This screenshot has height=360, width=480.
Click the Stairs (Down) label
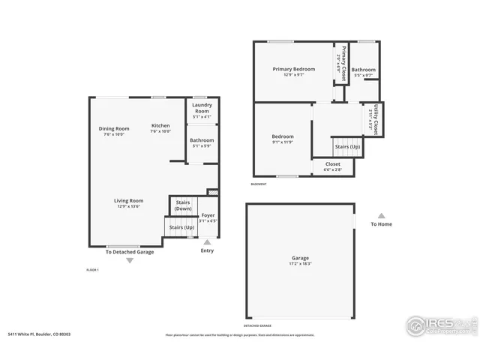[x=183, y=205]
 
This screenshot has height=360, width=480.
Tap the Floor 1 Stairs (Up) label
[x=181, y=226]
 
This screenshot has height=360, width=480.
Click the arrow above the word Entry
[x=207, y=241]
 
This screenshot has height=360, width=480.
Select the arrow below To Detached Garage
[x=129, y=260]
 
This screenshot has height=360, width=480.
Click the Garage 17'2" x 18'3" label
[x=301, y=260]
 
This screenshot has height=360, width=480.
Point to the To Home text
[x=381, y=224]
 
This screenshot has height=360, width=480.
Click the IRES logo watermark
[x=439, y=325]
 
